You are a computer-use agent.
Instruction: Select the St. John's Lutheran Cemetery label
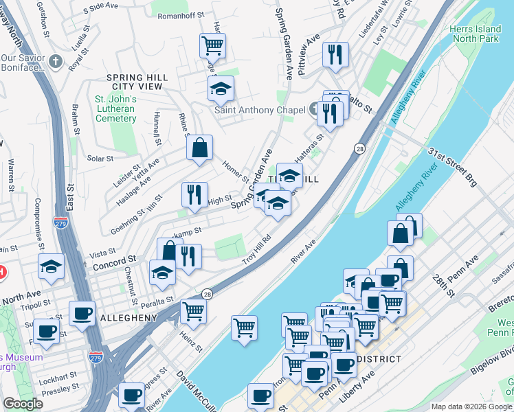point(115,108)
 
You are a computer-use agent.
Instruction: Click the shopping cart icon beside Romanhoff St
point(212,46)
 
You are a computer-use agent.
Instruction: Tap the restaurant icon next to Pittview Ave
point(335,55)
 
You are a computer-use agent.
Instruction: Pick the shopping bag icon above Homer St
point(199,148)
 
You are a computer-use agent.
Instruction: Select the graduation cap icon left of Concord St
point(51,267)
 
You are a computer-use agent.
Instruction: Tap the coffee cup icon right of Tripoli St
point(82,314)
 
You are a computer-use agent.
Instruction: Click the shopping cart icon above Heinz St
point(193,311)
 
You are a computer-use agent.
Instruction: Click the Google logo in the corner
point(23,404)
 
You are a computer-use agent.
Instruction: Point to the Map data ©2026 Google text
point(471,407)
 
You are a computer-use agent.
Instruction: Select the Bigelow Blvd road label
point(503,363)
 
